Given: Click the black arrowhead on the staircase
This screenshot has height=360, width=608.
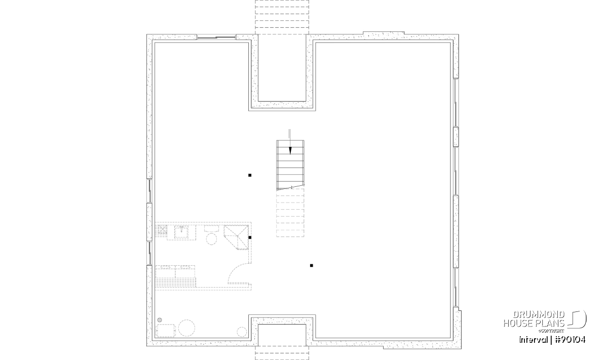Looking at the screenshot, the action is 290,150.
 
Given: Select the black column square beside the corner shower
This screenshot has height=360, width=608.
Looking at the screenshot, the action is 250,237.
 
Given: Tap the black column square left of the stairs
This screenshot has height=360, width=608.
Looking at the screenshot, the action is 250,175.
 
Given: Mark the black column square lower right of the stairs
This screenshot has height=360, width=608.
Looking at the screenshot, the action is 311,266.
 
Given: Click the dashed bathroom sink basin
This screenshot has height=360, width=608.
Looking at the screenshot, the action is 181,232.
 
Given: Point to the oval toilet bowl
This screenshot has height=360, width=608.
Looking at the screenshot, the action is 211,239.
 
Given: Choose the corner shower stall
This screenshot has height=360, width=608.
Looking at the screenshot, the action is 236,237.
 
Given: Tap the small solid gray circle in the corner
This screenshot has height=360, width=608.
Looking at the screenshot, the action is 160,320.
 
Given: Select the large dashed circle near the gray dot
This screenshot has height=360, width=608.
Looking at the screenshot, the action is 187,328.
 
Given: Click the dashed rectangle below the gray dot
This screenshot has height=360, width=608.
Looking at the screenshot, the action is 165,331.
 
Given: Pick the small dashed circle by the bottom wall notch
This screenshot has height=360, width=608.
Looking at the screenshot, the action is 242,332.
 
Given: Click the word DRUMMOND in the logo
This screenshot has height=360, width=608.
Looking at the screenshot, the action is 539,315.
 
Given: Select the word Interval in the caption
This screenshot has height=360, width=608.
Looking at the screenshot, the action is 534,340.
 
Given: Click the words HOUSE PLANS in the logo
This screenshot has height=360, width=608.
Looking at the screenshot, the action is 534,323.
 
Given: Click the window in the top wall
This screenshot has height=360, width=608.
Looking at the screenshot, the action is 216,37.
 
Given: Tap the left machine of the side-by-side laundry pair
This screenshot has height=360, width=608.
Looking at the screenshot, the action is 165,272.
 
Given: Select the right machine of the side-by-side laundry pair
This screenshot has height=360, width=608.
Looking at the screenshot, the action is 185,272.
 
